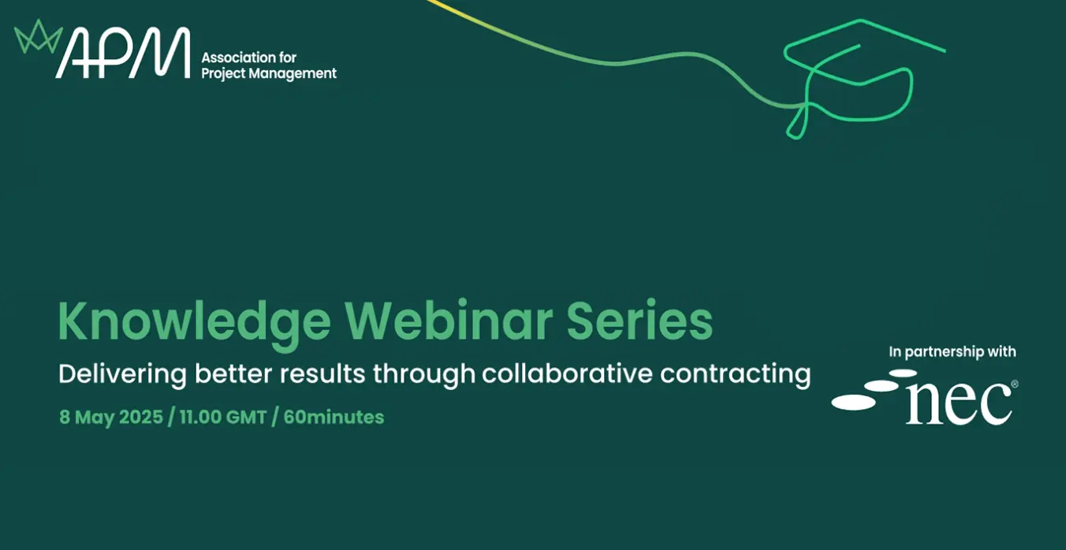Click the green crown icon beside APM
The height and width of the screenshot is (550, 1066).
tap(38, 37)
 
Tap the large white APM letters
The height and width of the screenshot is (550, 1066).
tap(123, 53)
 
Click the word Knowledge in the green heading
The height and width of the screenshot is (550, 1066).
tap(194, 323)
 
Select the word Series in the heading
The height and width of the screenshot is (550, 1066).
tap(639, 320)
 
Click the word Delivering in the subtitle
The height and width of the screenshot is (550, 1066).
tap(122, 375)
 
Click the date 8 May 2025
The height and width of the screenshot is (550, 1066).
tap(111, 418)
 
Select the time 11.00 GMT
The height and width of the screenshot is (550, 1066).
tap(222, 418)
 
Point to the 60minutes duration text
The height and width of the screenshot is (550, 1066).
tap(334, 418)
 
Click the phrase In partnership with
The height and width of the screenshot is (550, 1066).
tap(952, 352)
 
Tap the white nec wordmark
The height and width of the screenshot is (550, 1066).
tap(959, 403)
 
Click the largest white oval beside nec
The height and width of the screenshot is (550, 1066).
tap(854, 403)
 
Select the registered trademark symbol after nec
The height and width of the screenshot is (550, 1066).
tap(1015, 384)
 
